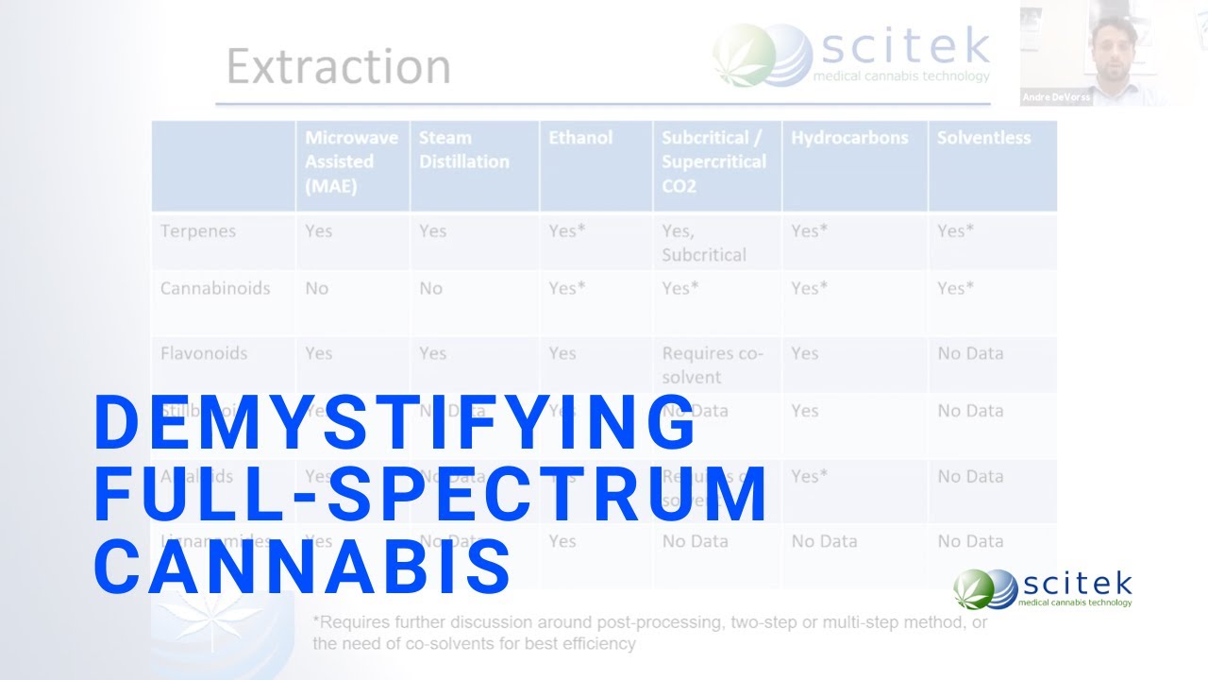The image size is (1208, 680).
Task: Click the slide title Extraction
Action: tap(338, 67)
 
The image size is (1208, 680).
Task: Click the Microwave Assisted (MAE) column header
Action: tap(340, 161)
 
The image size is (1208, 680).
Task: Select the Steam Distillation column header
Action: tap(464, 149)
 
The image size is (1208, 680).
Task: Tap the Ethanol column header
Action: tap(580, 138)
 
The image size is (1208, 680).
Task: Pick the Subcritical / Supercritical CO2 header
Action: tap(713, 161)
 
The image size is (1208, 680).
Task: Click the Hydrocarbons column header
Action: tap(849, 138)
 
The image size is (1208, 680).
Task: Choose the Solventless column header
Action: tap(983, 138)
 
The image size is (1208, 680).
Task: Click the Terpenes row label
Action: tap(198, 231)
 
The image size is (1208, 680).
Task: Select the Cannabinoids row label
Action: tap(215, 288)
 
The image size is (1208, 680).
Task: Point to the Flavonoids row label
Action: tap(204, 353)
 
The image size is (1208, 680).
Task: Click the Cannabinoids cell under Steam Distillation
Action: tap(431, 288)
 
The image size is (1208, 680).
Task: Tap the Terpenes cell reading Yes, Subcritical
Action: tap(704, 243)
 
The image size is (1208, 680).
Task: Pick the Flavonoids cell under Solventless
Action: tap(970, 353)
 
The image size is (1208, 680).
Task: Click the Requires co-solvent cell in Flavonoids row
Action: tap(713, 365)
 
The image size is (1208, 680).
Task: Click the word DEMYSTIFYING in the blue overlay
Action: tap(394, 423)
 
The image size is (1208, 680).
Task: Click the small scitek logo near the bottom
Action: tap(1042, 588)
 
